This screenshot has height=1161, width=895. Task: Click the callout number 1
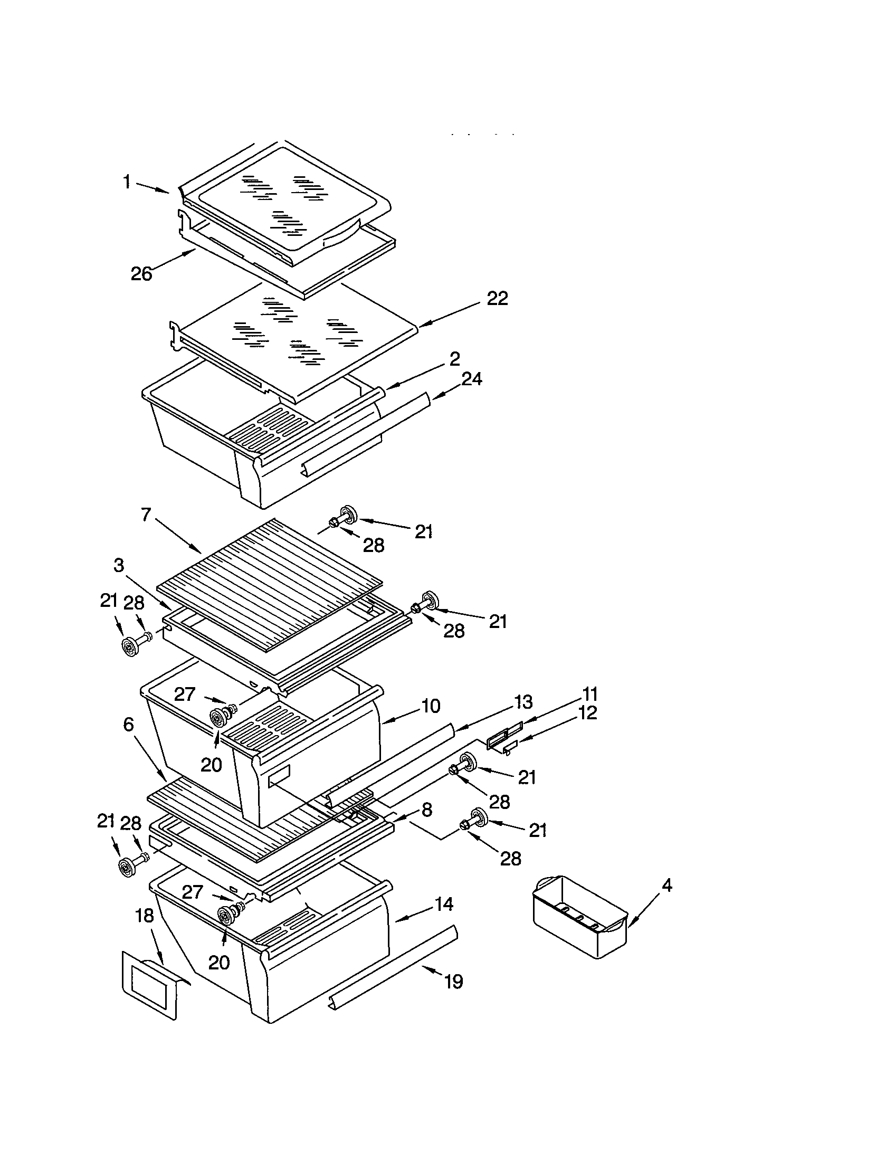coord(127,183)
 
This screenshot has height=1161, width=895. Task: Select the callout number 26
coord(141,274)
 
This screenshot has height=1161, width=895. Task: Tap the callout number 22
coord(498,299)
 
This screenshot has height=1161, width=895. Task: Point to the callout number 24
coord(471,379)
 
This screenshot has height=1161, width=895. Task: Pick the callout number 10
coord(431,706)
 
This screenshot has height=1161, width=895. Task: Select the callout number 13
coord(523,702)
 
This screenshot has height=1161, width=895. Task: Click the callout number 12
coord(588,713)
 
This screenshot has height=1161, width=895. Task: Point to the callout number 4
coord(667,886)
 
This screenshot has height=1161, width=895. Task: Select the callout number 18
coord(145,916)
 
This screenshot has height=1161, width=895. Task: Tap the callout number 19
coord(453,982)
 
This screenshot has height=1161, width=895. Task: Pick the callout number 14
coord(444,904)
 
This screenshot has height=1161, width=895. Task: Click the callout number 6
coord(129,724)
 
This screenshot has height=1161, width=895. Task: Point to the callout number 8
coord(427,810)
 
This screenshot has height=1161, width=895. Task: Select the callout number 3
coord(119,565)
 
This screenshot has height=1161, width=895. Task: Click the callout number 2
coord(454,359)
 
